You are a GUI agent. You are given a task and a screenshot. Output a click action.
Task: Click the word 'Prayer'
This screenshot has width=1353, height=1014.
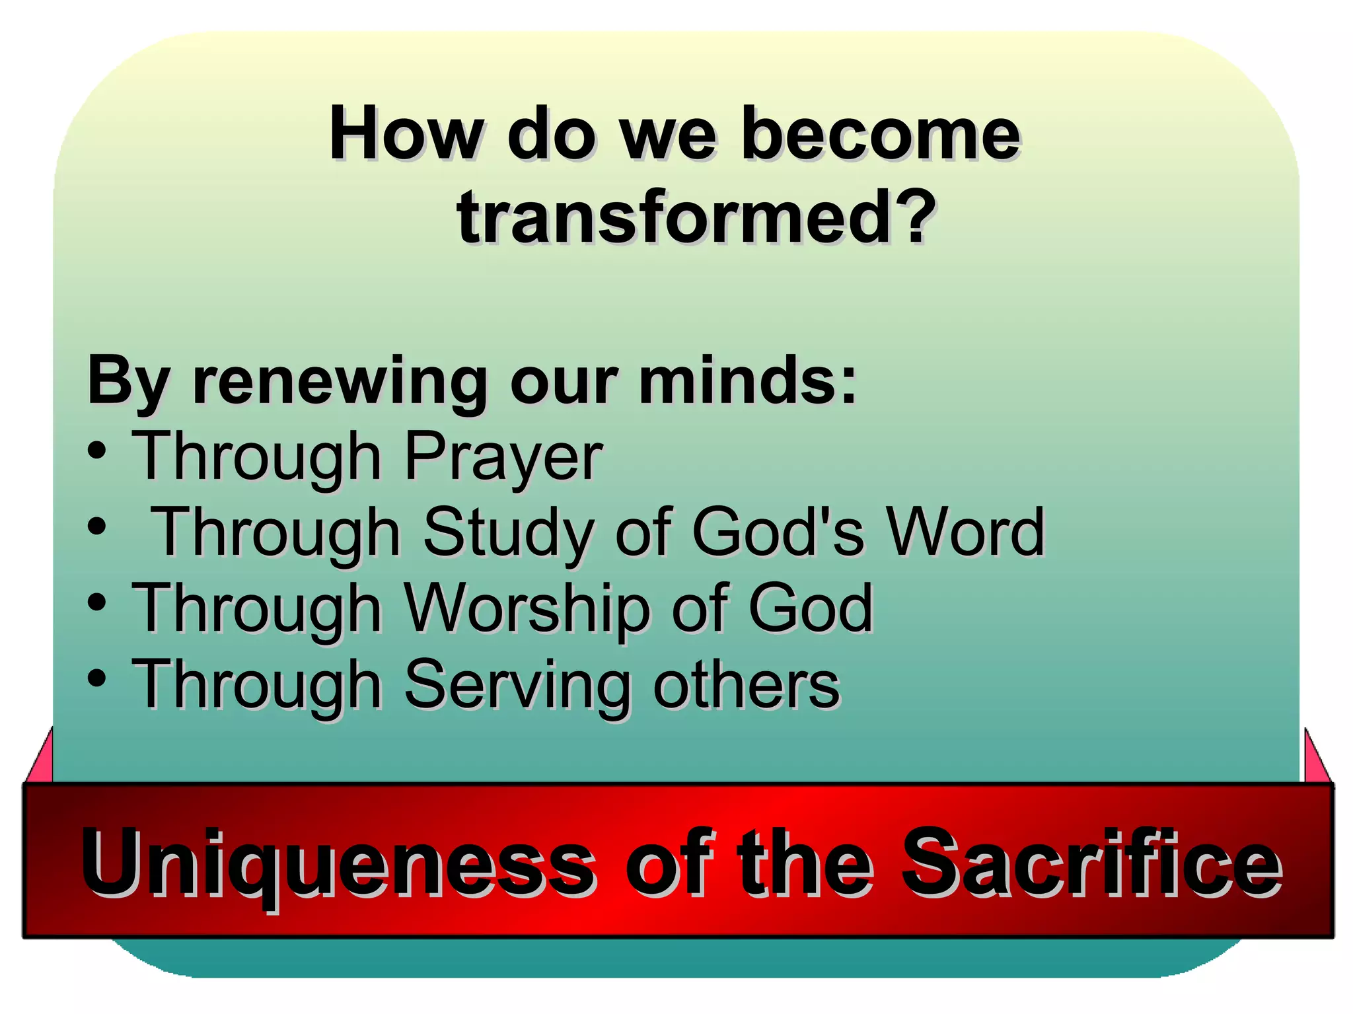tap(503, 458)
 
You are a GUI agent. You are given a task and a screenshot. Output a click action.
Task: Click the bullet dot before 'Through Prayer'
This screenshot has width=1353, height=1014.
tap(96, 451)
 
